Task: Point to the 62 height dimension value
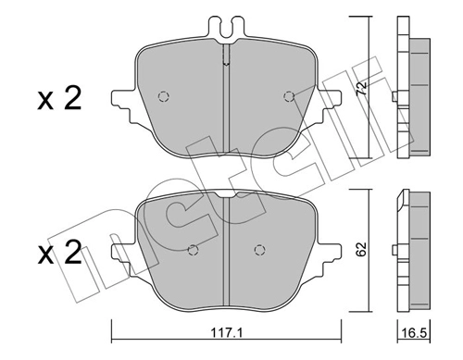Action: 362,248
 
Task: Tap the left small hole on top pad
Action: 164,96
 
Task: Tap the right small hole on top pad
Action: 289,96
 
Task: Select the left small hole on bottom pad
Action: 193,249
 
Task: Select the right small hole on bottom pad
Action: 259,249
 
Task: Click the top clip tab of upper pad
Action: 226,28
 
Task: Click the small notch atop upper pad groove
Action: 226,64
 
